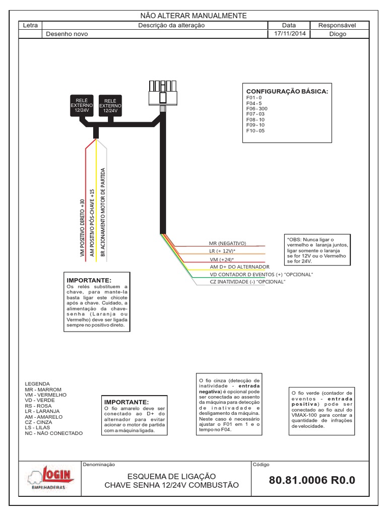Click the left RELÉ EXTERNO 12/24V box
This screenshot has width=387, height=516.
tap(81, 106)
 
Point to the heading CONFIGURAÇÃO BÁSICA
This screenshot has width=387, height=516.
tap(287, 91)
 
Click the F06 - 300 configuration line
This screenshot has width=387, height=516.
tap(256, 108)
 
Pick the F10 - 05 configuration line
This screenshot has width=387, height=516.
tap(255, 131)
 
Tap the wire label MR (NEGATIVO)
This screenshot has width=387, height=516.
tap(227, 242)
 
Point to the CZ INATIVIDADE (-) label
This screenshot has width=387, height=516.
tap(247, 282)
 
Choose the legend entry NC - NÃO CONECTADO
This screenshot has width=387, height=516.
tap(53, 433)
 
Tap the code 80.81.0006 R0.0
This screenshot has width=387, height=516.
tap(312, 480)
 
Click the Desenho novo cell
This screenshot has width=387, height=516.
tap(67, 34)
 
